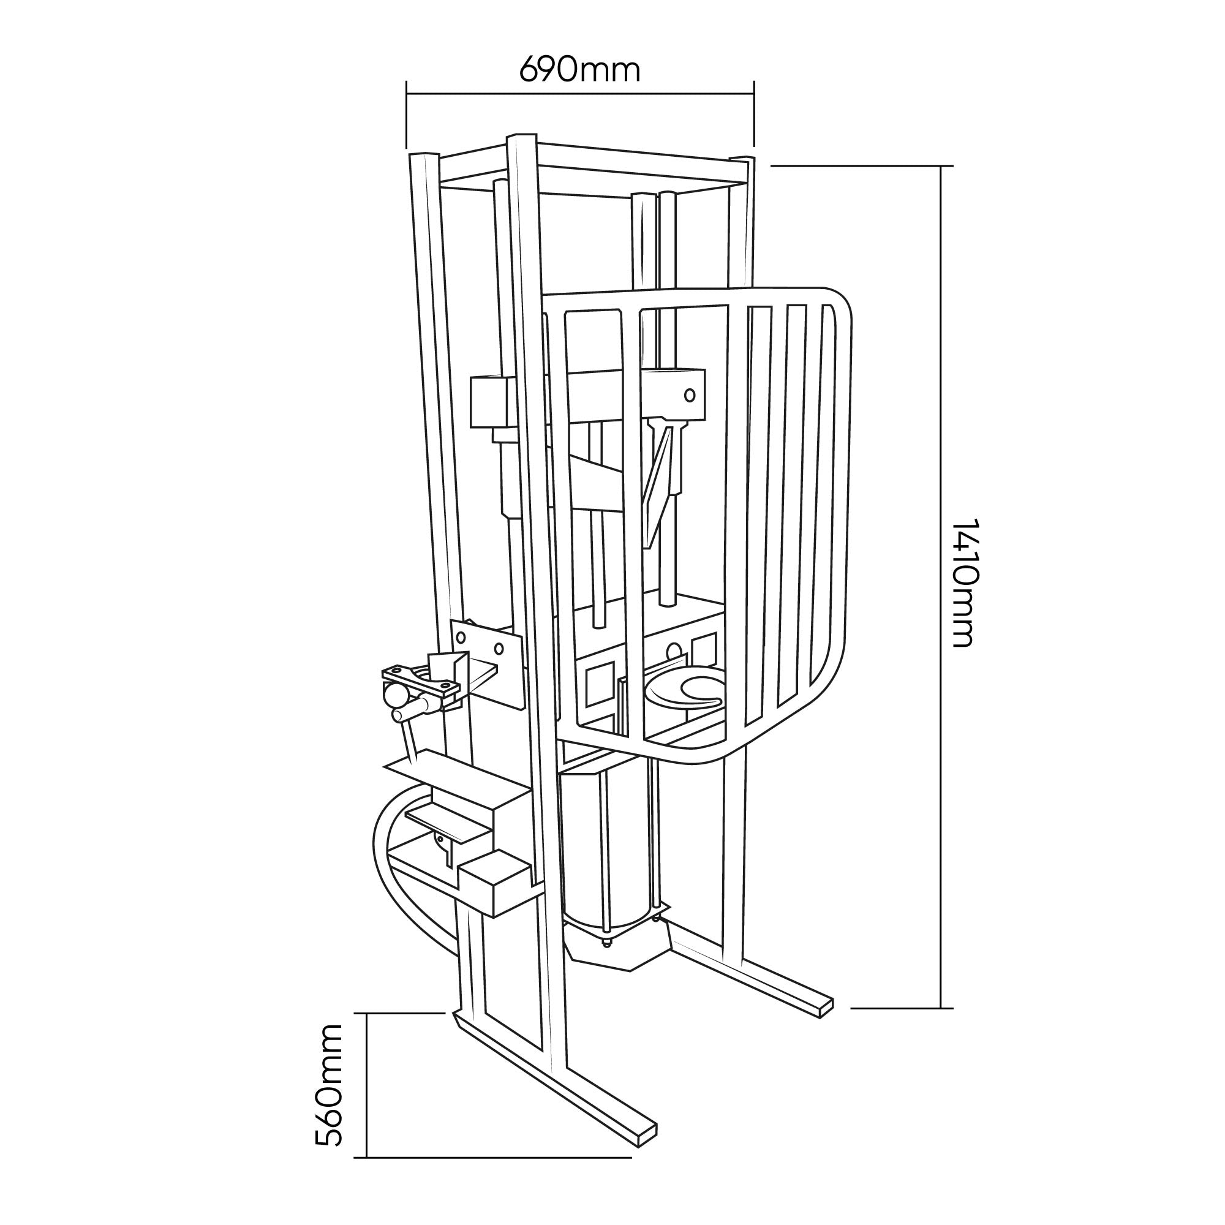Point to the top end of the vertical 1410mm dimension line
click(941, 166)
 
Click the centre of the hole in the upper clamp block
click(689, 395)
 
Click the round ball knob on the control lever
click(395, 696)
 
